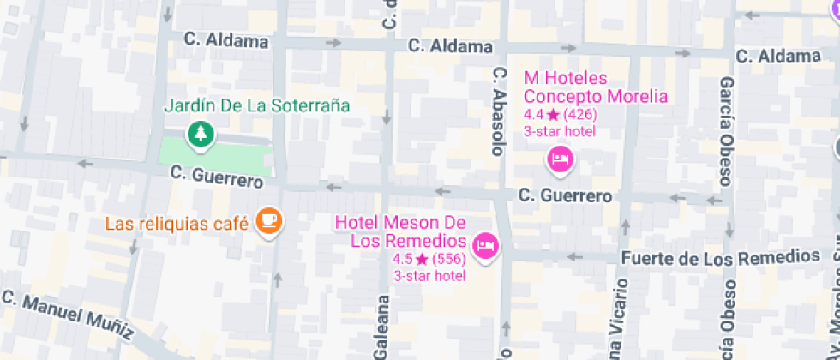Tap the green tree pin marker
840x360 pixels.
tap(201, 133)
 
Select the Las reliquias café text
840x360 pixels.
tap(177, 224)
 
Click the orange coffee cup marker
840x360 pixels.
tap(269, 221)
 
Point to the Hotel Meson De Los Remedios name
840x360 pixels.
tap(400, 231)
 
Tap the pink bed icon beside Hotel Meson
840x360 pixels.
tap(487, 245)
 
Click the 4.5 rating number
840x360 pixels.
tap(402, 259)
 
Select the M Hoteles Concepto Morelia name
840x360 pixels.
tap(595, 87)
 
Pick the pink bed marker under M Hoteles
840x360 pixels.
tap(560, 159)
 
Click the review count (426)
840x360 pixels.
tap(580, 114)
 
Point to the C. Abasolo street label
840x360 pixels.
tap(496, 111)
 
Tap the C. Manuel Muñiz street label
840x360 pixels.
tap(68, 315)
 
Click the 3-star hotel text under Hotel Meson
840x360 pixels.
tap(429, 275)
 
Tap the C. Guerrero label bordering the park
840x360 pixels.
tap(216, 174)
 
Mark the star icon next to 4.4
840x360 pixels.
tap(553, 114)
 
